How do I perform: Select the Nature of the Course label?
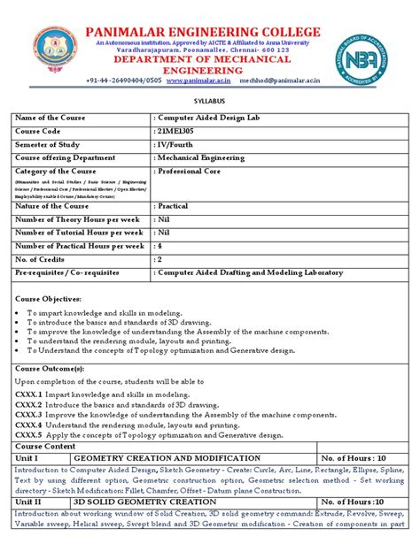(59, 204)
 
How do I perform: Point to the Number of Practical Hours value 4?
(159, 246)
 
